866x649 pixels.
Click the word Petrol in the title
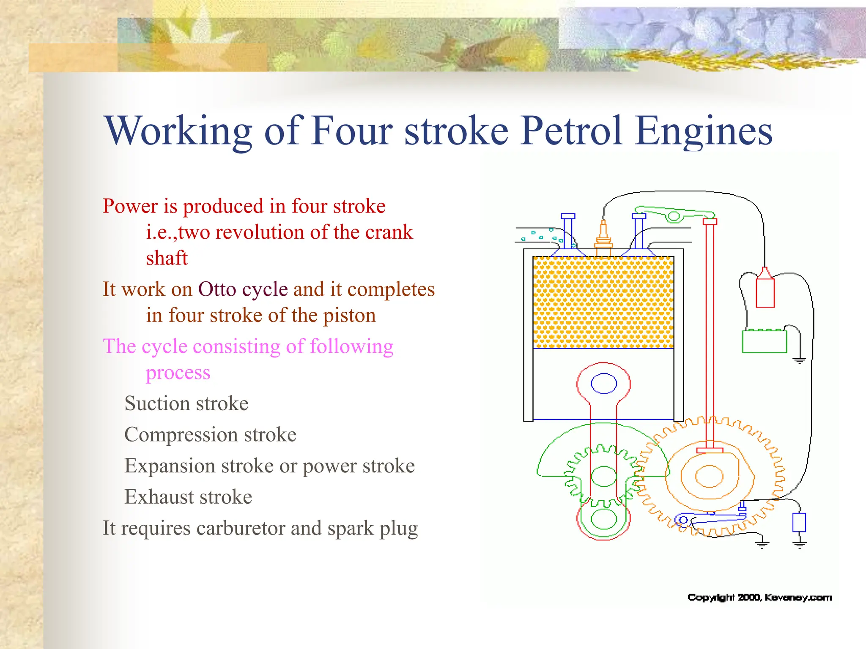pos(572,132)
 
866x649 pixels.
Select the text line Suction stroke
pos(186,404)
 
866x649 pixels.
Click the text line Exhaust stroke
pos(188,497)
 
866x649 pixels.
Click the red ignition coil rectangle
pos(765,292)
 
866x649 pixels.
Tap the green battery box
pos(764,341)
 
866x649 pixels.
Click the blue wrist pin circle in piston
pos(603,384)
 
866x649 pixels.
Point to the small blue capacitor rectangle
pos(799,523)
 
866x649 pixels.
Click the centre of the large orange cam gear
pos(709,477)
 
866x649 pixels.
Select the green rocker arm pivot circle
pos(673,217)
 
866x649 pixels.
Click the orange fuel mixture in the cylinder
pos(603,303)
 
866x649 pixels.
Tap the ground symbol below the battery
pos(799,360)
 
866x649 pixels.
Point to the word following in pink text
pos(351,347)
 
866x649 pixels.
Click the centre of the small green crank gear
pos(603,477)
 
